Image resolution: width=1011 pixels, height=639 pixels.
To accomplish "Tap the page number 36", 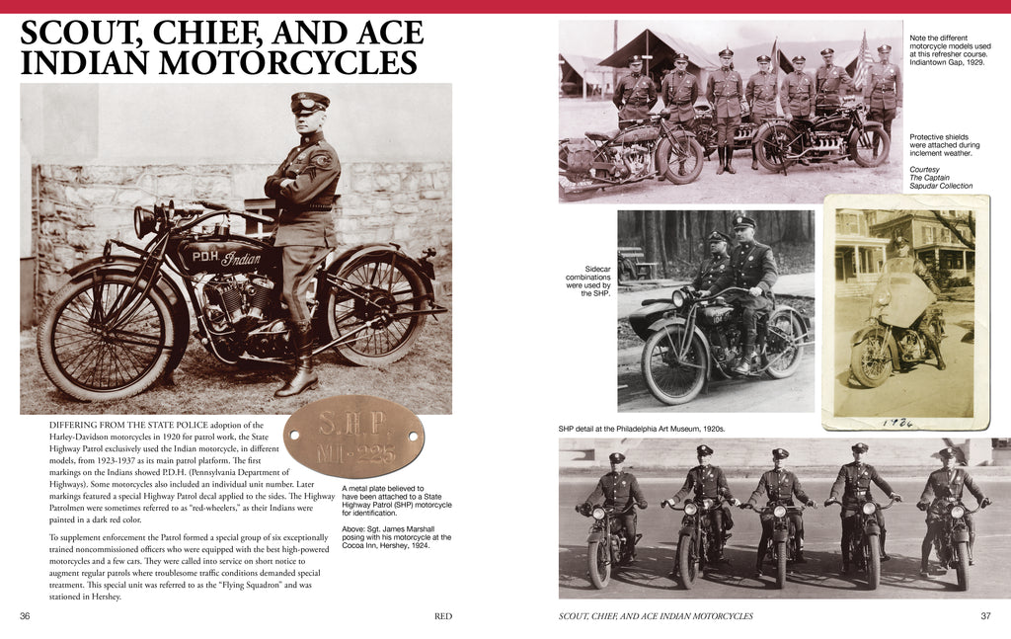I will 26,616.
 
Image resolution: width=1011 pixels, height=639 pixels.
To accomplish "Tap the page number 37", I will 984,616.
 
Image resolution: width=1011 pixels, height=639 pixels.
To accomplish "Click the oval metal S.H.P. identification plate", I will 353,437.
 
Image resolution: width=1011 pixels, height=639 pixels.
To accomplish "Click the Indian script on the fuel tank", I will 240,259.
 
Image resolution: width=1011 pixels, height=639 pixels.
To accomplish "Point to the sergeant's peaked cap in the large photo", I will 309,101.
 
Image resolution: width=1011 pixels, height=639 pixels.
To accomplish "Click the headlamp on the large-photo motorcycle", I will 147,220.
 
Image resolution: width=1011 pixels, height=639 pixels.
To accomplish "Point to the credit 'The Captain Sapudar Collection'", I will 941,181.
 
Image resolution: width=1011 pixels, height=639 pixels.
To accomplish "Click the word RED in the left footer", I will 443,616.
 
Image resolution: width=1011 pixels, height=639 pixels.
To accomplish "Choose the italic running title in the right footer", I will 657,616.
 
